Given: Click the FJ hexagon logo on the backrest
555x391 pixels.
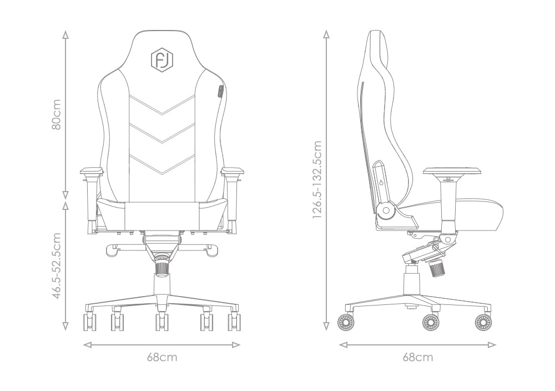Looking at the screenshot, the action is pyautogui.click(x=162, y=59).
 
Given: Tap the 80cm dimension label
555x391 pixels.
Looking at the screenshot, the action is pyautogui.click(x=56, y=114).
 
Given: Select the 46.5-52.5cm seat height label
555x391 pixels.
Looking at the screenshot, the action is pyautogui.click(x=57, y=265).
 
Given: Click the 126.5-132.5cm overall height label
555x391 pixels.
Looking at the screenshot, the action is pyautogui.click(x=317, y=179).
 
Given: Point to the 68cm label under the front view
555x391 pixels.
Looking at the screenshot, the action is pyautogui.click(x=162, y=357).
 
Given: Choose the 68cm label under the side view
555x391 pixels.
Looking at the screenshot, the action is pyautogui.click(x=418, y=357).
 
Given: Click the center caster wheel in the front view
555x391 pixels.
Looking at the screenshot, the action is pyautogui.click(x=162, y=322).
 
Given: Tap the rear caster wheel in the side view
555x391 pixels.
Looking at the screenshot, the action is pyautogui.click(x=346, y=322).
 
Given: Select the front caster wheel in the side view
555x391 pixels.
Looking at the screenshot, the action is pyautogui.click(x=483, y=322).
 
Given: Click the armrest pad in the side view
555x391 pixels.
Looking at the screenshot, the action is pyautogui.click(x=452, y=172).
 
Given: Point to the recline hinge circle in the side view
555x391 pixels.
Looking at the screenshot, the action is pyautogui.click(x=386, y=210).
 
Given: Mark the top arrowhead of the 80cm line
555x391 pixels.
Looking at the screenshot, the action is pyautogui.click(x=65, y=34).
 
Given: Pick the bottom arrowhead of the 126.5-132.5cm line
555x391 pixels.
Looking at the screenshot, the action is pyautogui.click(x=326, y=326).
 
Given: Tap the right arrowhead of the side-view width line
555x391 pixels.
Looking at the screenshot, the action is pyautogui.click(x=492, y=344).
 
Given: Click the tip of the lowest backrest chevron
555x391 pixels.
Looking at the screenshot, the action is pyautogui.click(x=162, y=175).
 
